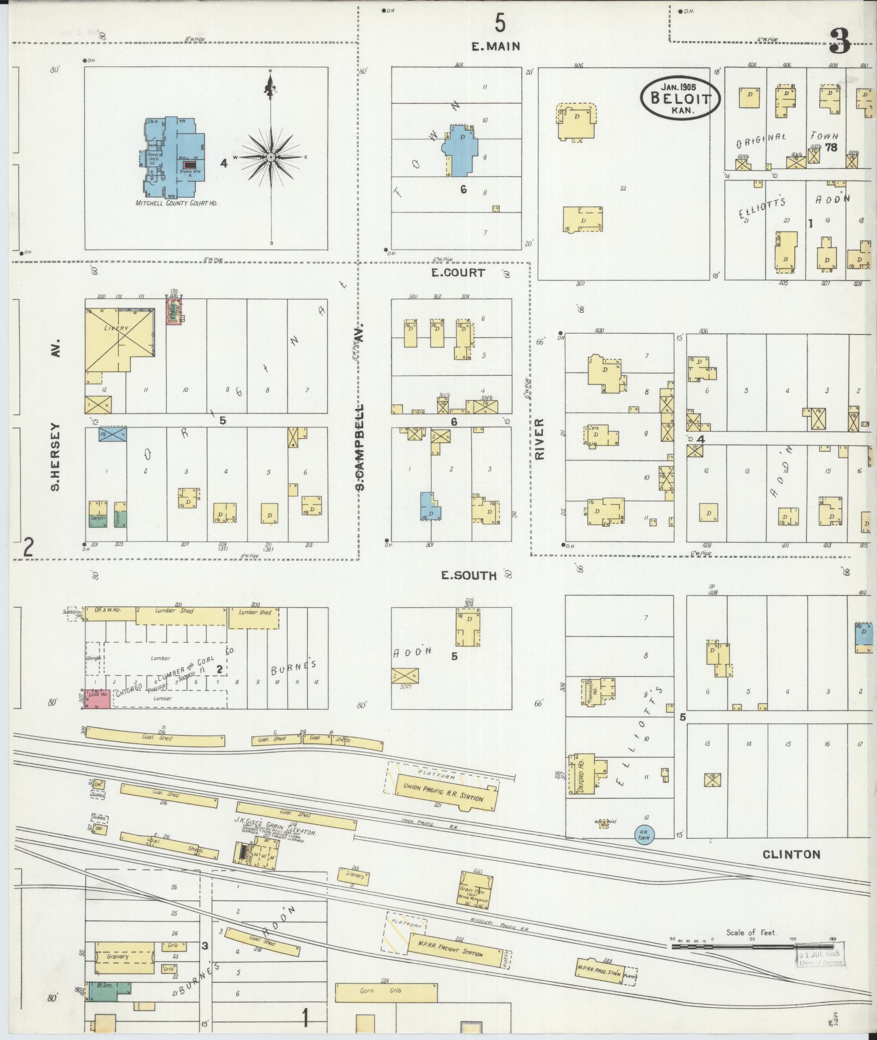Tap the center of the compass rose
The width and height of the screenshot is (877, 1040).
(271, 157)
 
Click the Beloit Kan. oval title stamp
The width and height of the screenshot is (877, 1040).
(680, 98)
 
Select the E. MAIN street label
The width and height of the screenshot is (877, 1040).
(495, 47)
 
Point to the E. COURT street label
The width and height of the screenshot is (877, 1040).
(458, 273)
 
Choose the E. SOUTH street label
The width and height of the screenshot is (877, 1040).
(468, 575)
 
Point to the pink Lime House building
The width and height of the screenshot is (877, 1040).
(98, 699)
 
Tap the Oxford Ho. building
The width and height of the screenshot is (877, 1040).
(580, 776)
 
